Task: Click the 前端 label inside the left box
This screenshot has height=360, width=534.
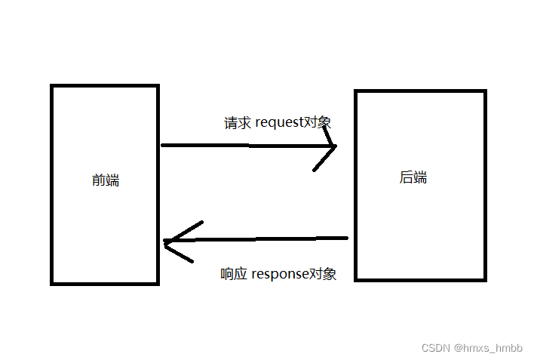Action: tap(106, 180)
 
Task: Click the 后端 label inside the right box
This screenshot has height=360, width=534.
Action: tap(413, 178)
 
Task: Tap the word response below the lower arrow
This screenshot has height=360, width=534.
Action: tap(280, 274)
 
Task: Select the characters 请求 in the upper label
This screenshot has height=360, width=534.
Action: tap(238, 122)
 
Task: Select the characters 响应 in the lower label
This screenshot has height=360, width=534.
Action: tap(234, 274)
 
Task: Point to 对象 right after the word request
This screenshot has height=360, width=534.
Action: tap(318, 122)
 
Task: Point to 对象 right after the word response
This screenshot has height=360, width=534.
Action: tap(323, 274)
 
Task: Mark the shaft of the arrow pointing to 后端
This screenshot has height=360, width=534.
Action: tap(241, 145)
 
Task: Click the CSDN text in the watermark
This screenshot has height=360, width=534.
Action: tap(435, 348)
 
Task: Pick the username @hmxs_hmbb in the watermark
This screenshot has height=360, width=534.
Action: tap(488, 348)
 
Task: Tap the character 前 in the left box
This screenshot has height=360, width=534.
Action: tap(99, 180)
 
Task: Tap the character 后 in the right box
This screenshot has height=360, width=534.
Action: tap(406, 178)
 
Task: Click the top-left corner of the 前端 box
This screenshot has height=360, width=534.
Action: tap(53, 87)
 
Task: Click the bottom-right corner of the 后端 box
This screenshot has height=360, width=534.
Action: tap(483, 278)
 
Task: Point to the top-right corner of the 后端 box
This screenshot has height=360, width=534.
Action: tap(483, 92)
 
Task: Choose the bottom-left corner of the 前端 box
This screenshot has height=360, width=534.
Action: tap(53, 283)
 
